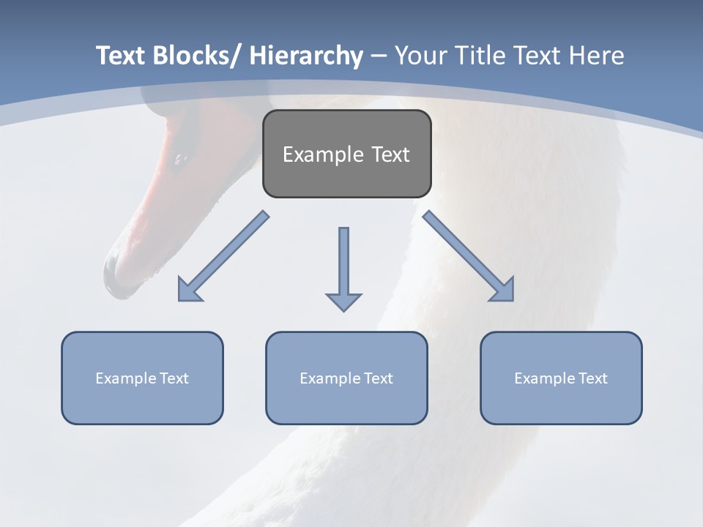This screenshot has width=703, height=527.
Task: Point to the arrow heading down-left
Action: (223, 256)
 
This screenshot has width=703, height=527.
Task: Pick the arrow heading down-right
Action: (469, 256)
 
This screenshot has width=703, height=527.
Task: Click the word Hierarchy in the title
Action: (306, 56)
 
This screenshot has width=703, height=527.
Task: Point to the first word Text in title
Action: (120, 56)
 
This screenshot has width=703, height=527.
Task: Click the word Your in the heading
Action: (420, 56)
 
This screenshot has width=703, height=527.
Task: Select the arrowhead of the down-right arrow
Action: (503, 291)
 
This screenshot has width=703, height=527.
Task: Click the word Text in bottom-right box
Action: (593, 378)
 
